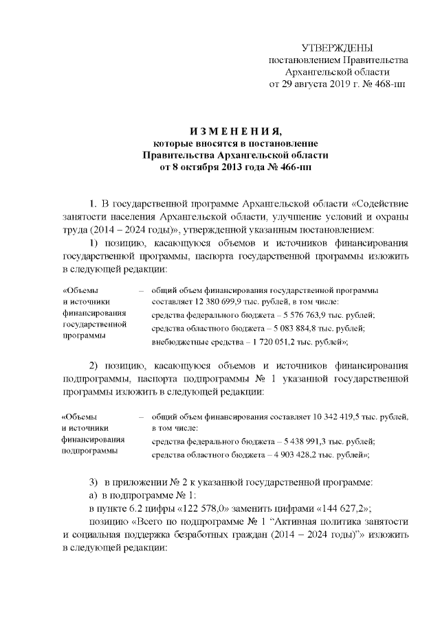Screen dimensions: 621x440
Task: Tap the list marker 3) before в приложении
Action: pos(95,482)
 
